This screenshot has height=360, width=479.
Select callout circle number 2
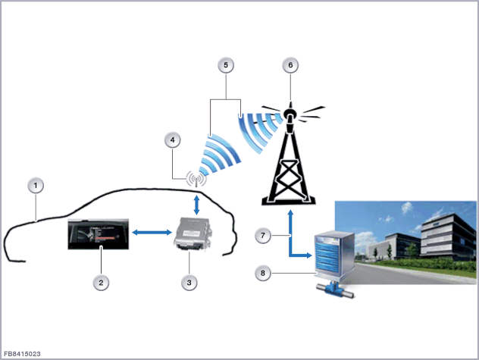99,283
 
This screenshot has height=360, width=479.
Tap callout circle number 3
189,283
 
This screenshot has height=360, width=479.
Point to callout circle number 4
174,140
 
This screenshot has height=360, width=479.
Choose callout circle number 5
224,66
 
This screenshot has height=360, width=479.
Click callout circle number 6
289,66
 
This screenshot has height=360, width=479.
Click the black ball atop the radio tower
290,115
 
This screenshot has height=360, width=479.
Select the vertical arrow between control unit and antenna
196,203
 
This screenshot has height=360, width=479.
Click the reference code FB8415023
22,353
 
